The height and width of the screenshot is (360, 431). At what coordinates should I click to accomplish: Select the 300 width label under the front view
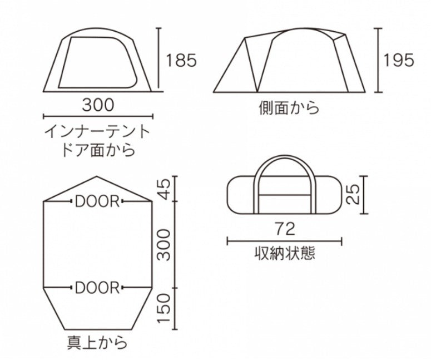coord(98,104)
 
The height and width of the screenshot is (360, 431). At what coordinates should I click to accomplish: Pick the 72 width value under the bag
coord(284,228)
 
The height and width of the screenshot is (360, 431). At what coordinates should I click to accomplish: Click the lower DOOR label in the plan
coord(97,288)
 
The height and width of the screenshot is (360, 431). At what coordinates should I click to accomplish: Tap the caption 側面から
coord(289,107)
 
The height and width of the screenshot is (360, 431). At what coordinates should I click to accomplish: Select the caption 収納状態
coord(284,253)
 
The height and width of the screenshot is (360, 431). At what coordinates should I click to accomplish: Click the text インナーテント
coord(98,132)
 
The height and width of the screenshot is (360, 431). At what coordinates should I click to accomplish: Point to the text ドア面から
coord(98,150)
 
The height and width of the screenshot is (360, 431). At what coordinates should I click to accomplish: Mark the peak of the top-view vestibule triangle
coord(97,177)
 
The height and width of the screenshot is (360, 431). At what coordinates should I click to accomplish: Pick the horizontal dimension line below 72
coord(284,241)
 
